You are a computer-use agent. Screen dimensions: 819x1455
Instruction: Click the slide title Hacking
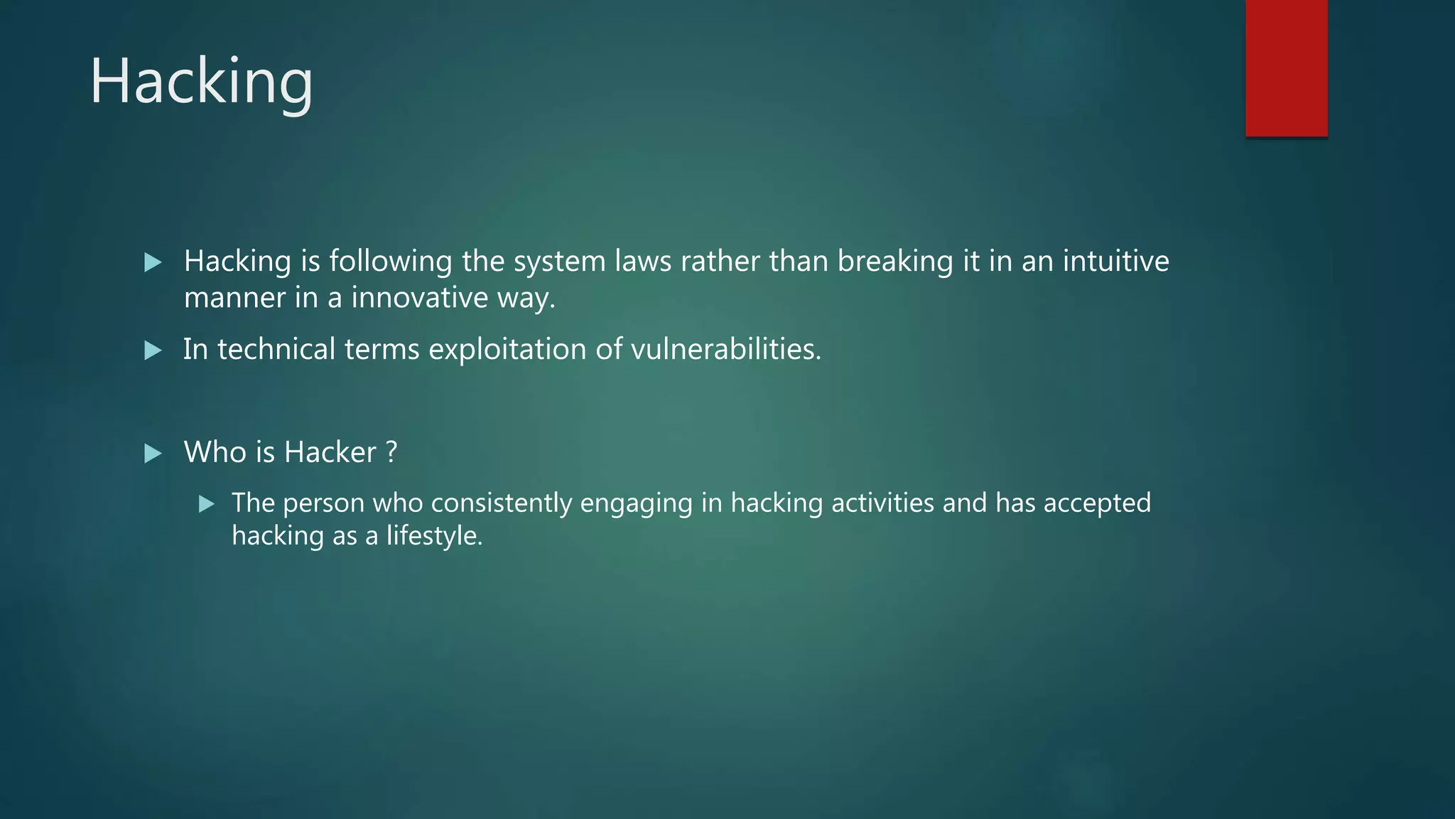click(201, 82)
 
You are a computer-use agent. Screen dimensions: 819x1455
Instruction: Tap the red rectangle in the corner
click(1286, 68)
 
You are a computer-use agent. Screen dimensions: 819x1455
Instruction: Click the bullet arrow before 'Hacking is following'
click(153, 262)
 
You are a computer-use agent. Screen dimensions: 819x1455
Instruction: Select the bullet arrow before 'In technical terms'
click(153, 350)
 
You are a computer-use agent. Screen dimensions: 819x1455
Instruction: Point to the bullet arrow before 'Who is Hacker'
click(153, 453)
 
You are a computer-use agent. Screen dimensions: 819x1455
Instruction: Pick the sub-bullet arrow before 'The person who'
click(207, 504)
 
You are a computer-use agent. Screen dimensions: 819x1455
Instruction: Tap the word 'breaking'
click(895, 262)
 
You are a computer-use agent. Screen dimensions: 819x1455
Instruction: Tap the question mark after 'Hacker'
click(391, 452)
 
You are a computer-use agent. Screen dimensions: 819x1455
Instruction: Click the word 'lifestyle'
click(434, 536)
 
